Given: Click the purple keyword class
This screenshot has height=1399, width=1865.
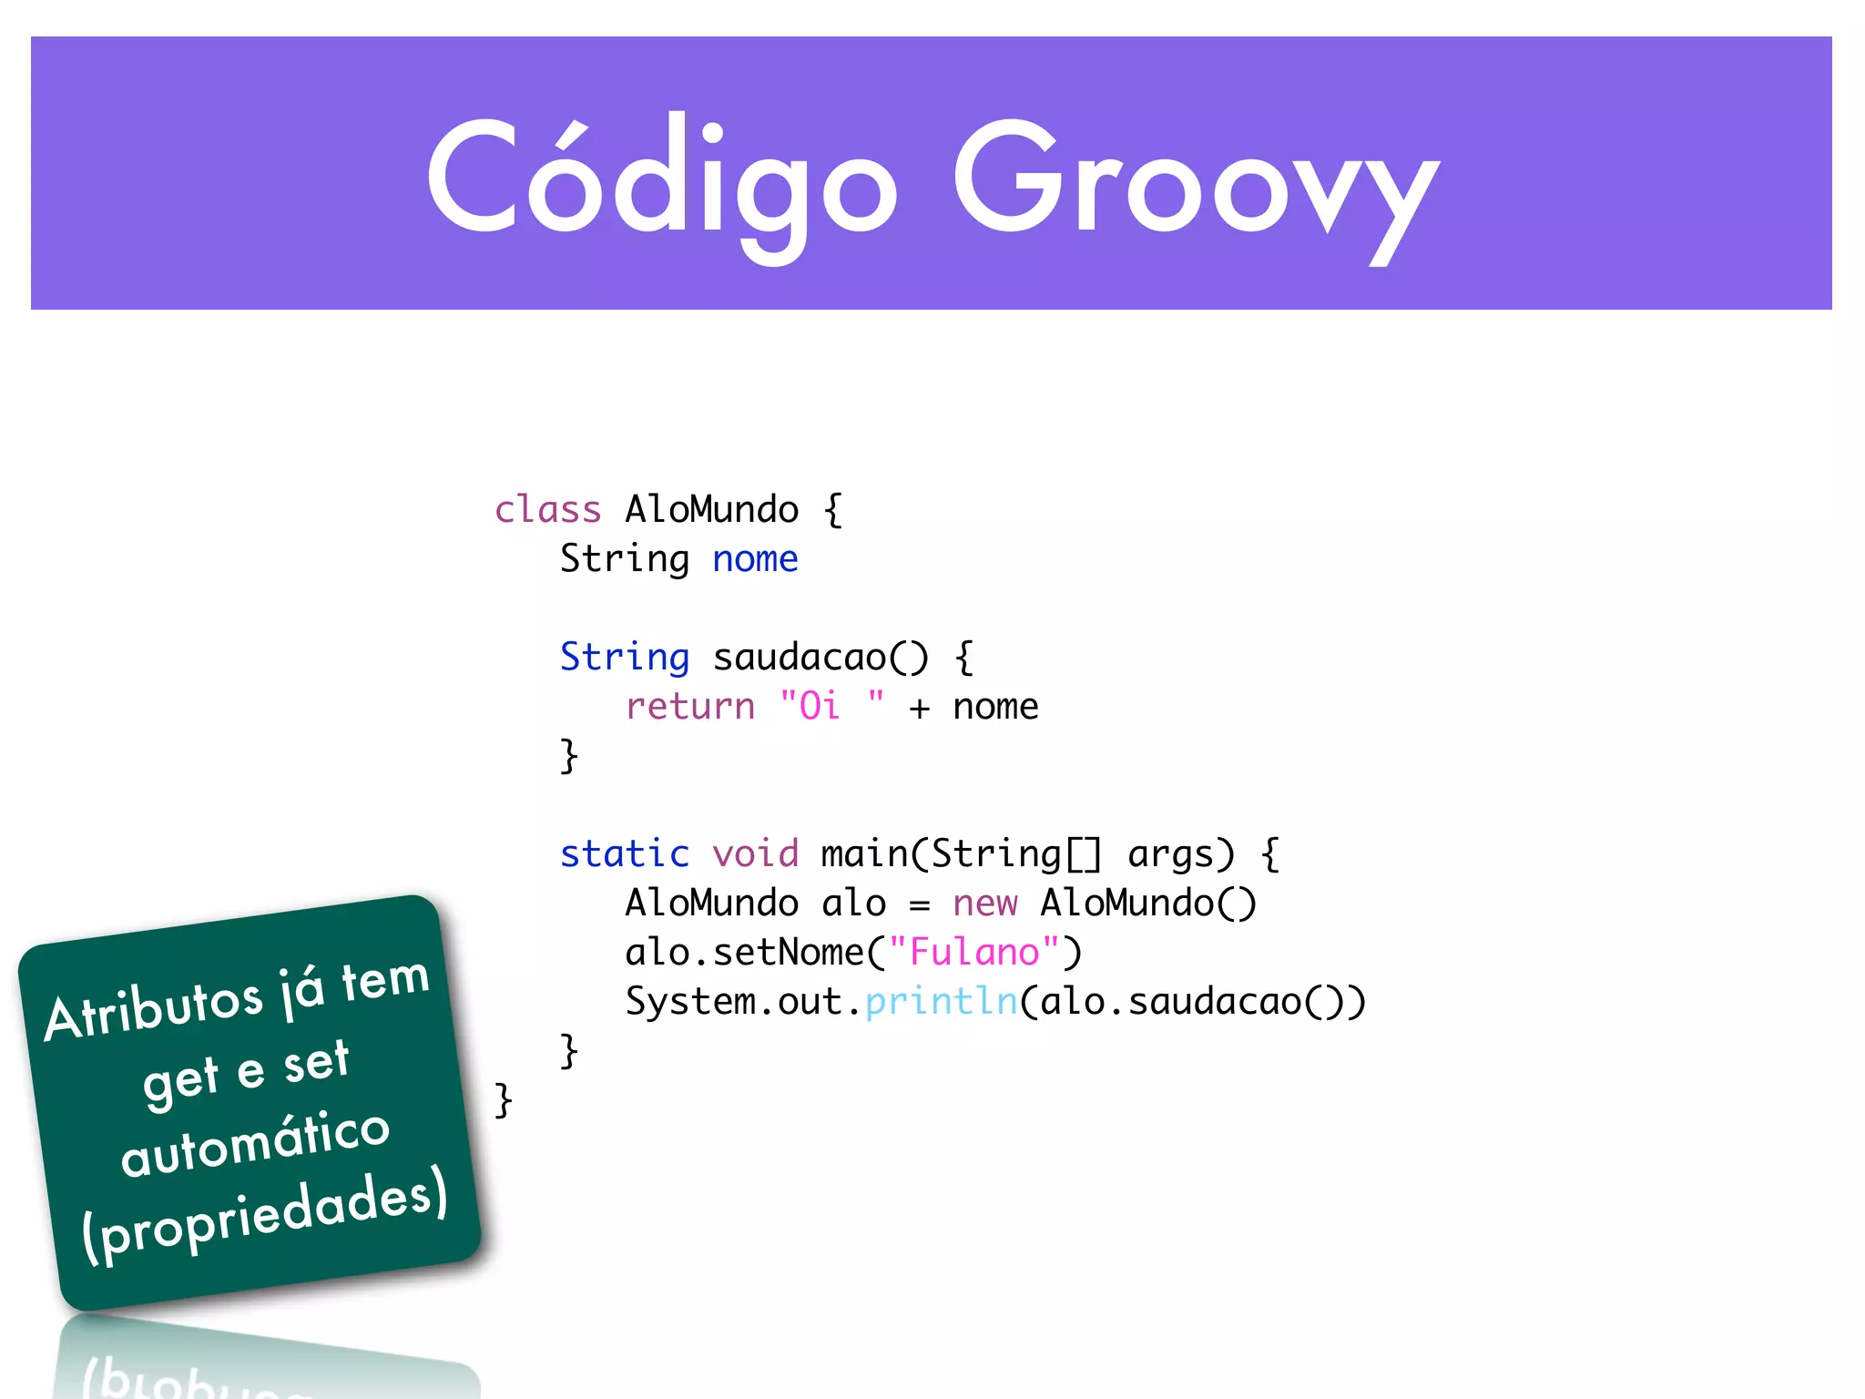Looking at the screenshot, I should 547,510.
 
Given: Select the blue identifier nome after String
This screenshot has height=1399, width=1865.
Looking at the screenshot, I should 755,559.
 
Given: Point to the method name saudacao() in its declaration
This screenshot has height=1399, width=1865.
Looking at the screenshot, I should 820,658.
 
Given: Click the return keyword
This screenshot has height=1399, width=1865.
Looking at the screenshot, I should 690,707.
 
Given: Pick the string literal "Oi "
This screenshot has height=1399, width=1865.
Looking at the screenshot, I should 831,706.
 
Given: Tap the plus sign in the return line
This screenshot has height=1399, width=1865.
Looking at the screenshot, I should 920,709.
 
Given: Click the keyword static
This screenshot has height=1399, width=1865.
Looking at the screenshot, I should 625,854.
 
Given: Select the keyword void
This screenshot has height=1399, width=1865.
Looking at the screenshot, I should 755,854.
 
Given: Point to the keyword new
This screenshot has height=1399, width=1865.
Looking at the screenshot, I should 984,904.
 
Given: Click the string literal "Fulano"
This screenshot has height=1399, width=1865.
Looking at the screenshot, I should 973,953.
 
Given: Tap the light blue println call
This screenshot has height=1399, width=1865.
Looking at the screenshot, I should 941,1002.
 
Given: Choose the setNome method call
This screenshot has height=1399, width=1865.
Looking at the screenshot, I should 788,953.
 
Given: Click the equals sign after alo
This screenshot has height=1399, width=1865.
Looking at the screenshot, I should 920,905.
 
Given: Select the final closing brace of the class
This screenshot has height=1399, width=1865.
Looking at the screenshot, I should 504,1100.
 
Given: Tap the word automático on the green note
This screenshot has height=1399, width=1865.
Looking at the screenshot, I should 255,1143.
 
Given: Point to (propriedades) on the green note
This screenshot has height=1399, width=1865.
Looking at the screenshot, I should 264,1216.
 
